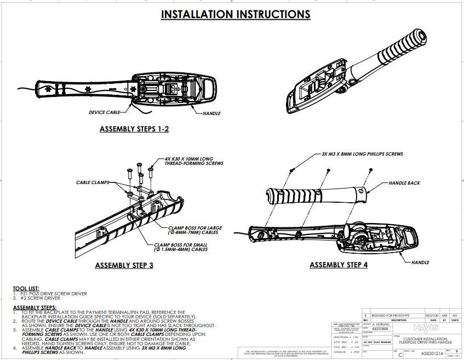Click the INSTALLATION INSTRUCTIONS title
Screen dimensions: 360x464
pyautogui.click(x=235, y=14)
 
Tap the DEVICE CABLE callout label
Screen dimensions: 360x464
pyautogui.click(x=104, y=113)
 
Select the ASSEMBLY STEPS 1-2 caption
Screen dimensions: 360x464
pyautogui.click(x=134, y=129)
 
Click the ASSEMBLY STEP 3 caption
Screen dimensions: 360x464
pyautogui.click(x=124, y=266)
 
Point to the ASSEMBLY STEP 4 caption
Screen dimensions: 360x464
pyautogui.click(x=339, y=265)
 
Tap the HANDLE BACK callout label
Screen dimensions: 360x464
pyautogui.click(x=404, y=183)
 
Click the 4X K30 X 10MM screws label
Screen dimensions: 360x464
pyautogui.click(x=189, y=161)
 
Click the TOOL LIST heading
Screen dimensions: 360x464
pyautogui.click(x=26, y=288)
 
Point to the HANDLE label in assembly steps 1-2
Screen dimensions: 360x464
pyautogui.click(x=211, y=113)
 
